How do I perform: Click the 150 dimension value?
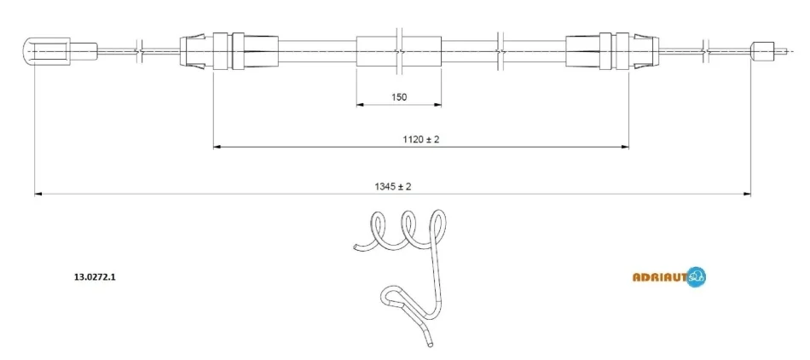pos(399,96)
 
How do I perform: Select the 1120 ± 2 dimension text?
pos(420,139)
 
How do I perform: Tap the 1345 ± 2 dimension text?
pos(392,187)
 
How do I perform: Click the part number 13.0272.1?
pos(95,277)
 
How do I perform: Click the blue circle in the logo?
pos(697,276)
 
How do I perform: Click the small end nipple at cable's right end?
pos(762,50)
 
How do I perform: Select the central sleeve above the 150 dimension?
pos(399,51)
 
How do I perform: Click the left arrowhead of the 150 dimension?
pos(361,105)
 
